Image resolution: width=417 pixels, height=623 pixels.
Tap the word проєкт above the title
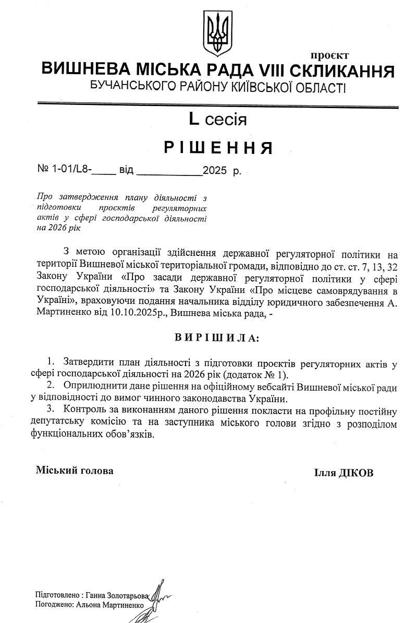329,55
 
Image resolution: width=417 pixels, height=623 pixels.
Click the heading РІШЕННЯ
219,148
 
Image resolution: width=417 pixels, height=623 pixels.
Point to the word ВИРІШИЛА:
216,338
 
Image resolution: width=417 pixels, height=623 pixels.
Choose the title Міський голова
74,470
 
